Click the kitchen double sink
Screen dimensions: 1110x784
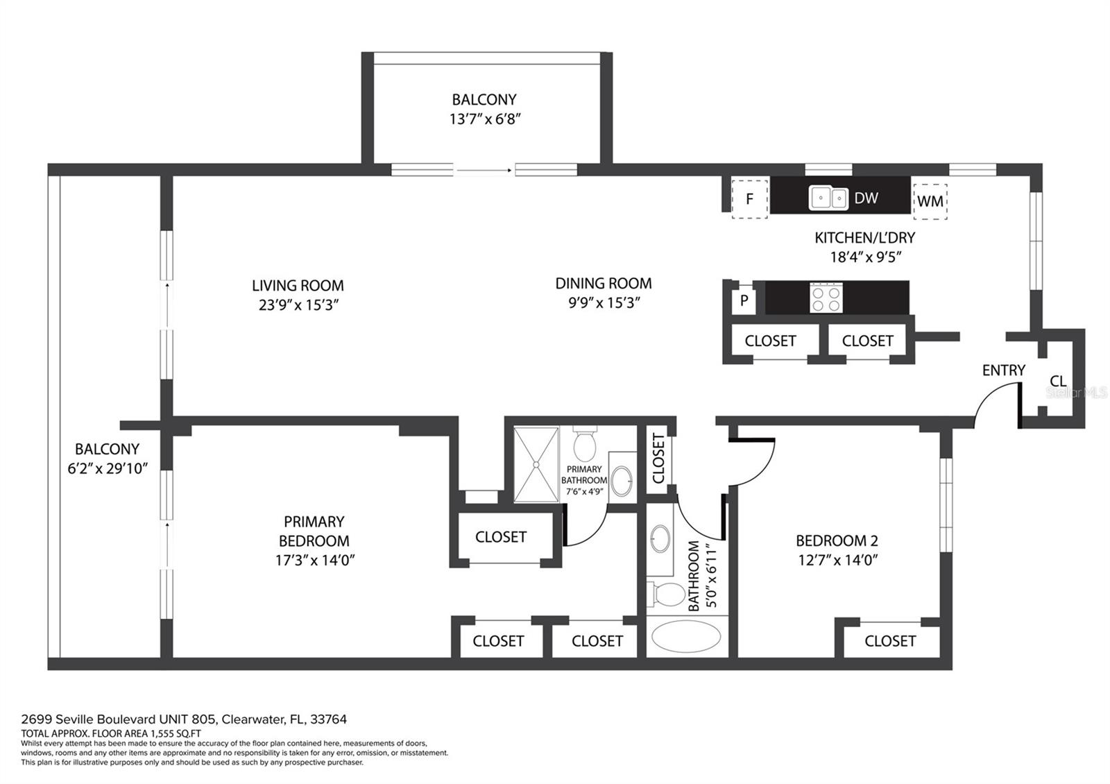pyautogui.click(x=828, y=198)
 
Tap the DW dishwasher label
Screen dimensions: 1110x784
pyautogui.click(x=866, y=198)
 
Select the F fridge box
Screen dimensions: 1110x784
pyautogui.click(x=750, y=198)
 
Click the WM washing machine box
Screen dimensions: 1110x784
pyautogui.click(x=930, y=201)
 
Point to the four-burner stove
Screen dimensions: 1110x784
pyautogui.click(x=826, y=298)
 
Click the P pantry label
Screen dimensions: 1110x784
pyautogui.click(x=744, y=300)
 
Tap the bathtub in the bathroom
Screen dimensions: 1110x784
pyautogui.click(x=686, y=637)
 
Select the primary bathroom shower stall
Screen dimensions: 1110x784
pyautogui.click(x=536, y=464)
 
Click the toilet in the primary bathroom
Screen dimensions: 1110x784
pyautogui.click(x=585, y=443)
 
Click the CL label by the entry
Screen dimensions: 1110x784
pyautogui.click(x=1058, y=381)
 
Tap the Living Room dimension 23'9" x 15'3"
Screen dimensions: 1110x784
pyautogui.click(x=298, y=305)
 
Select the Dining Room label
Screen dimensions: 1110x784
pyautogui.click(x=604, y=284)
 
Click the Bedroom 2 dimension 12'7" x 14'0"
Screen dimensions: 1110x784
pyautogui.click(x=838, y=560)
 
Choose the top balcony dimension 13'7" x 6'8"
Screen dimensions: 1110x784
pyautogui.click(x=485, y=119)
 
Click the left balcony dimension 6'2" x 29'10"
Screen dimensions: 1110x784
pyautogui.click(x=108, y=468)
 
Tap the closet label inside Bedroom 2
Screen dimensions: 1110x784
pyautogui.click(x=890, y=641)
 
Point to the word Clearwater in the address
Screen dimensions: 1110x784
pyautogui.click(x=252, y=719)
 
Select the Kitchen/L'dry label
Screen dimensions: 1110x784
pyautogui.click(x=864, y=238)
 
